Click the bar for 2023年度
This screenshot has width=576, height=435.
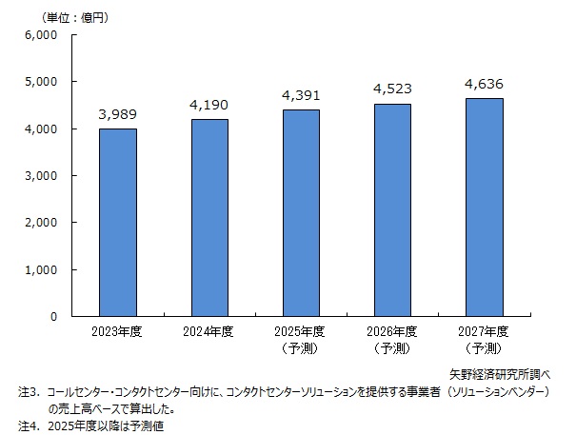(x=117, y=223)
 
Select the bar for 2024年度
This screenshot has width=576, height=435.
(x=209, y=218)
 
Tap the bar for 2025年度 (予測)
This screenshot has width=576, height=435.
(x=303, y=213)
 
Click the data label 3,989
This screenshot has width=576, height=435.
(x=117, y=114)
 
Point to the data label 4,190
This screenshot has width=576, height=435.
(x=209, y=105)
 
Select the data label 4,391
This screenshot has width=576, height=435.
(x=303, y=95)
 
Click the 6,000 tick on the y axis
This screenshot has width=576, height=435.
(x=42, y=35)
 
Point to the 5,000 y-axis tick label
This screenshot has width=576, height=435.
(x=42, y=82)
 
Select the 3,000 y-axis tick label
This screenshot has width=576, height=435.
(x=42, y=176)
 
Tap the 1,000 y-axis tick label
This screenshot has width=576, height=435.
(x=42, y=270)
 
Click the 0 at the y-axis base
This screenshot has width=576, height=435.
(x=54, y=317)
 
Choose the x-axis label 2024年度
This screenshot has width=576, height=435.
(x=209, y=332)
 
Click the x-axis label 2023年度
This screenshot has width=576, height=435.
(x=117, y=332)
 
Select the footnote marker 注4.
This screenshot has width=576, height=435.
(x=27, y=426)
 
